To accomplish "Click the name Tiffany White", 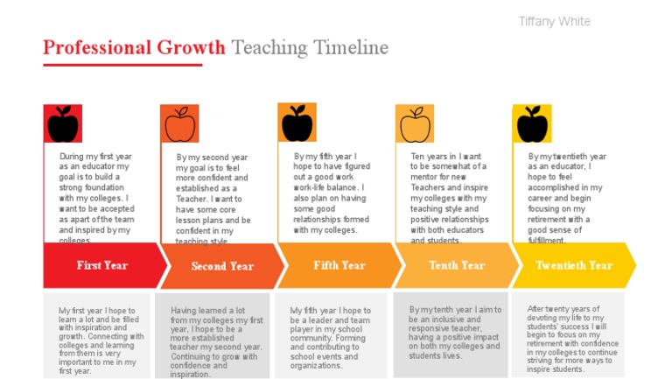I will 554,22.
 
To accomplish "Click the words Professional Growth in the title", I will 135,47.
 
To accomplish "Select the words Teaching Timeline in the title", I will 310,47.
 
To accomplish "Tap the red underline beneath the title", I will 122,64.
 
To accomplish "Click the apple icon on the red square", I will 62,124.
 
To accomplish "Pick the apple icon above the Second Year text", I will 178,124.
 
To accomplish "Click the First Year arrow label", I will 102,265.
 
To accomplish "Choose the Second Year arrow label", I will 221,266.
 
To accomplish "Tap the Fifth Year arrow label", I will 339,265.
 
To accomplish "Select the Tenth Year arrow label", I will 456,265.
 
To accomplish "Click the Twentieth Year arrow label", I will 574,265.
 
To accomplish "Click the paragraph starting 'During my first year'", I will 94,198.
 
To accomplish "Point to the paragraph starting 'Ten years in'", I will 449,198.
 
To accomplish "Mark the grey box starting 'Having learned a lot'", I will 211,341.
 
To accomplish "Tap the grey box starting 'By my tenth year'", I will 454,333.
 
